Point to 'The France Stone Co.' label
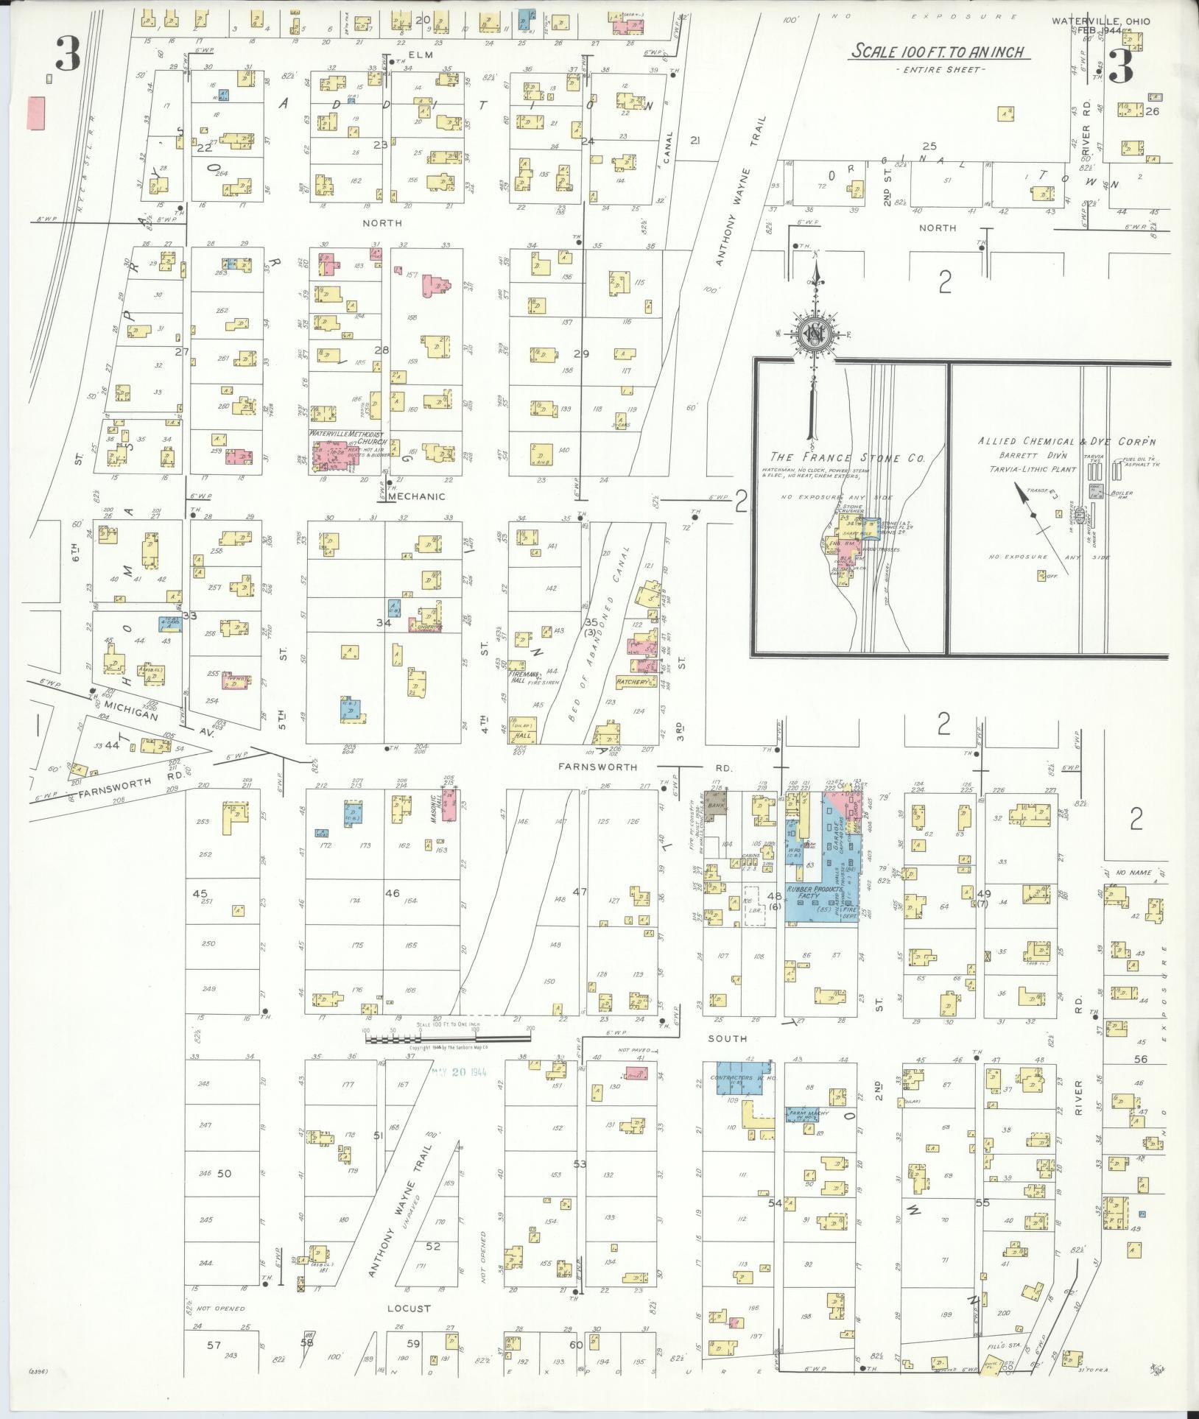(x=846, y=458)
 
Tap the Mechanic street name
(x=416, y=496)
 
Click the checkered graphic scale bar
(x=447, y=1039)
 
